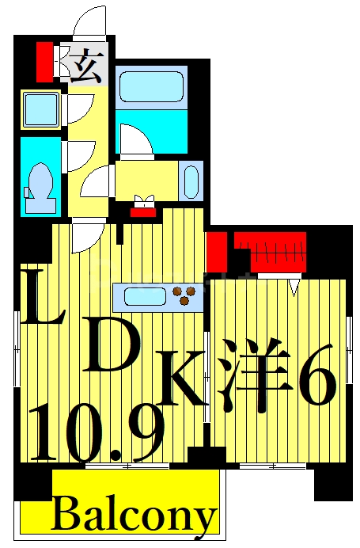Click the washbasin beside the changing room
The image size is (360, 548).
191,181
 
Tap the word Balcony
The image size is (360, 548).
135,516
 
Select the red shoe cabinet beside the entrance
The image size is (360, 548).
44,61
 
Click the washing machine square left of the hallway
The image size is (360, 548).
41,108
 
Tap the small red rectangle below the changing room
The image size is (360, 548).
142,211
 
